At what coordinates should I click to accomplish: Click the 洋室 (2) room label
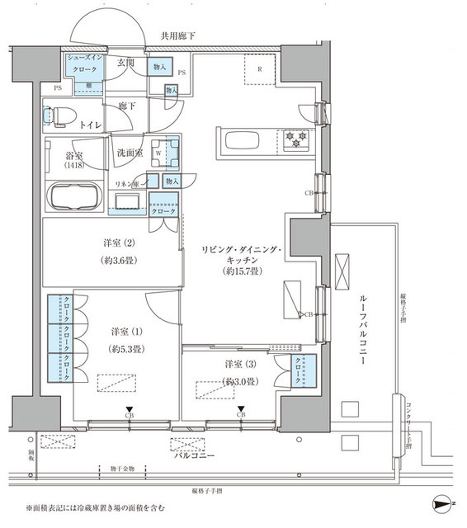click(114, 244)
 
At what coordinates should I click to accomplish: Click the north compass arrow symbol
click(443, 504)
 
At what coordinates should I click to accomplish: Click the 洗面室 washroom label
click(130, 153)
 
